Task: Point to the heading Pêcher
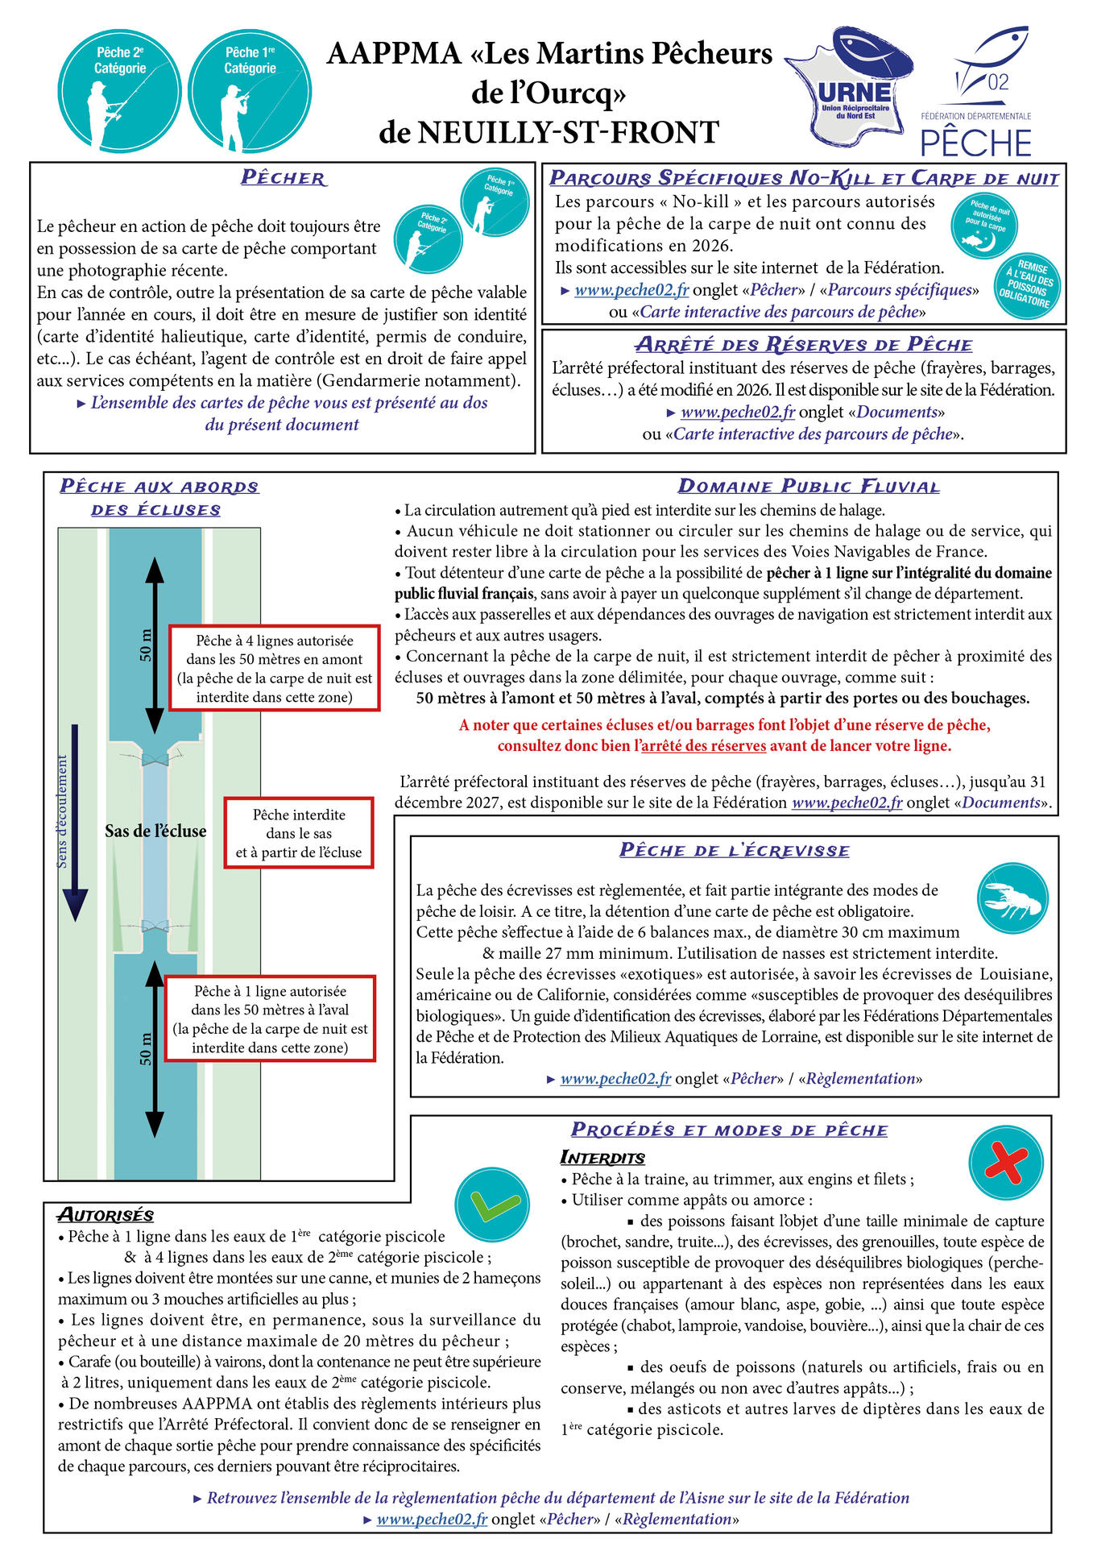click(283, 178)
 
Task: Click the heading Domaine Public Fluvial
click(808, 487)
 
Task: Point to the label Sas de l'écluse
click(155, 832)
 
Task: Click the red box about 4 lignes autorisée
click(274, 669)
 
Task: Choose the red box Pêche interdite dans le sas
click(299, 833)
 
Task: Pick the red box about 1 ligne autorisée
click(270, 1019)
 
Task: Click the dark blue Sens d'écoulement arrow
click(75, 822)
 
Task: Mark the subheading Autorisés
click(106, 1215)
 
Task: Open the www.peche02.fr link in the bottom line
click(432, 1519)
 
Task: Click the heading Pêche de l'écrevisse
click(734, 850)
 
